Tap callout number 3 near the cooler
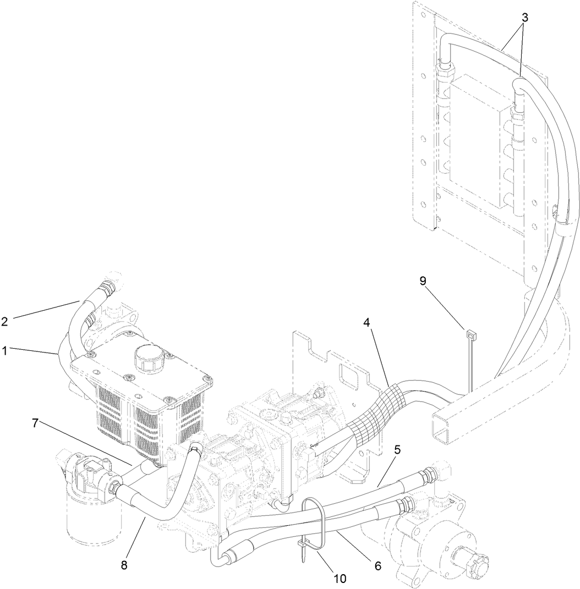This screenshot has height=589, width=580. (x=525, y=18)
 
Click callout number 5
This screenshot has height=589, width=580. (x=397, y=449)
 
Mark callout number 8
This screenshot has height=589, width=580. (x=124, y=565)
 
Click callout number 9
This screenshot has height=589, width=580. (x=423, y=281)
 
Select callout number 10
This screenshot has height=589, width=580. (x=340, y=578)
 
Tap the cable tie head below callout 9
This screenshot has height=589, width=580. (x=470, y=334)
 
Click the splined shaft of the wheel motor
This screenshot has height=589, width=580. (x=474, y=565)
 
